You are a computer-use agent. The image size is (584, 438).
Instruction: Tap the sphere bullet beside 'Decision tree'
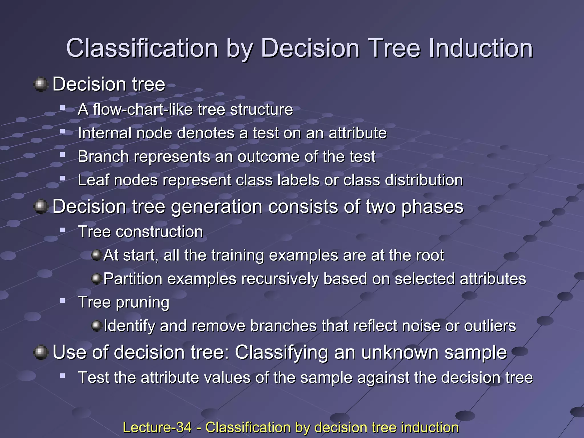coord(40,84)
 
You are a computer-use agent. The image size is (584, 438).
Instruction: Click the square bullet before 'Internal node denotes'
coord(62,132)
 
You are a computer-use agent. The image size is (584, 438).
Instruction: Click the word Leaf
coord(93,180)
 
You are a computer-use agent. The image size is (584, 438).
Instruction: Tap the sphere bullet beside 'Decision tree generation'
coord(40,206)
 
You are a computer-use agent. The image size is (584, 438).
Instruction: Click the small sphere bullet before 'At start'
coord(96,255)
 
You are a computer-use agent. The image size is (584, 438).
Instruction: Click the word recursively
coord(280,279)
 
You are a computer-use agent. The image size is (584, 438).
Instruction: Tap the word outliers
coord(490,326)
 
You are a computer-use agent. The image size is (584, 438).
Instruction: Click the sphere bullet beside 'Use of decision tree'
coord(40,352)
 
